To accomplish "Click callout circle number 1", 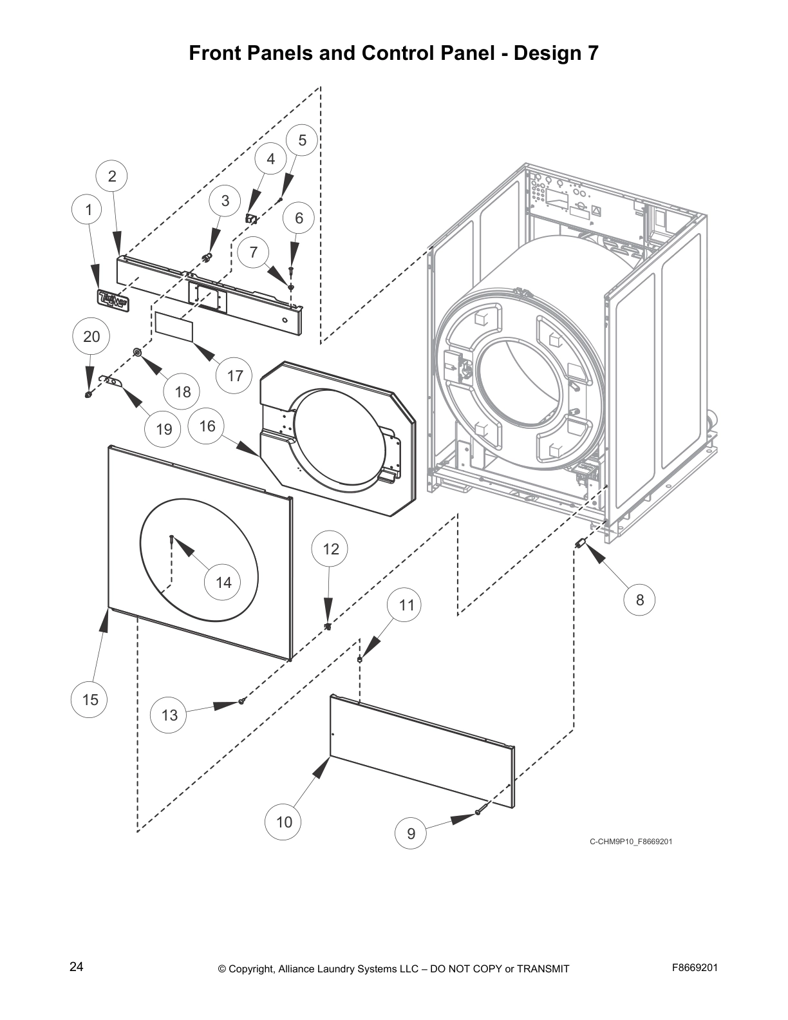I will (x=89, y=209).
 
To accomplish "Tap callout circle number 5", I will (x=302, y=141).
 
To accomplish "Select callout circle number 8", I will (x=640, y=600).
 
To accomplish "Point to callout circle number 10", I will (x=284, y=822).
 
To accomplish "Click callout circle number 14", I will (x=223, y=582).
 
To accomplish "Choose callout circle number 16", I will (x=207, y=426).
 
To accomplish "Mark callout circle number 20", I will (x=91, y=336).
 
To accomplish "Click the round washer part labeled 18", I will (x=137, y=352).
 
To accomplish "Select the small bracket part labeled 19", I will (x=111, y=382).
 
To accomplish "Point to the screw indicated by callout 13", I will (x=241, y=701).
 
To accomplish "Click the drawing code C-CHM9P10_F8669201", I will (x=630, y=842).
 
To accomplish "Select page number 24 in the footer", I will (x=76, y=967).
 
